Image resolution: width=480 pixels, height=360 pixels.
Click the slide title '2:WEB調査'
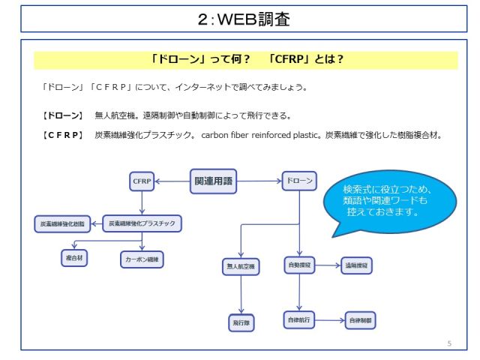[x=240, y=19]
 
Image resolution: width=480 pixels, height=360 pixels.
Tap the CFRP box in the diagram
[x=142, y=181]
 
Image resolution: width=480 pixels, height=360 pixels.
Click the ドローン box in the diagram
[x=299, y=181]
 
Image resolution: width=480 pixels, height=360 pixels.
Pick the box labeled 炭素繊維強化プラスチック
[x=142, y=223]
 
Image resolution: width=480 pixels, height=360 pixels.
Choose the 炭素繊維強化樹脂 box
[x=64, y=223]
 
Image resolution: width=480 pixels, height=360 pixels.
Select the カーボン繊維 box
[x=142, y=259]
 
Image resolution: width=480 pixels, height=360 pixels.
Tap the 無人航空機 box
[x=240, y=266]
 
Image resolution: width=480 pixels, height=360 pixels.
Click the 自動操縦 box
[x=299, y=265]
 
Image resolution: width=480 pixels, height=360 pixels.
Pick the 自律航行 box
[x=299, y=320]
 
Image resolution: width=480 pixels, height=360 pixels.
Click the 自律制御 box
[x=361, y=320]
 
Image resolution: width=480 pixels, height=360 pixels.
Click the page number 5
[x=449, y=343]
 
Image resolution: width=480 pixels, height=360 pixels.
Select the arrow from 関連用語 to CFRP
[x=172, y=181]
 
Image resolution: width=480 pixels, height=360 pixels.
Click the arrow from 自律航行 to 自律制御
[x=330, y=320]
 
